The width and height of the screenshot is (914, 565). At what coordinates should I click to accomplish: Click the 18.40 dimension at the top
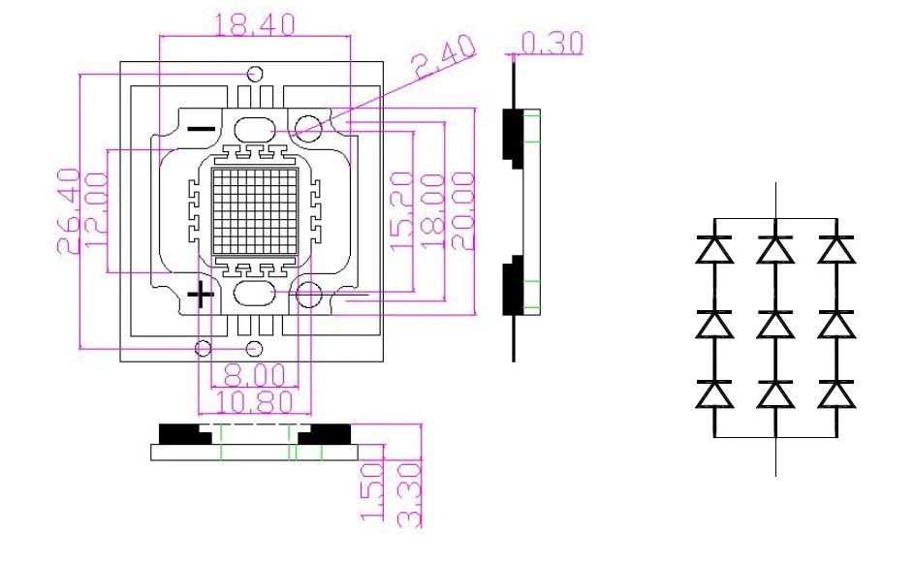255,24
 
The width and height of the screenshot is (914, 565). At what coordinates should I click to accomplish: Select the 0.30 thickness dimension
551,44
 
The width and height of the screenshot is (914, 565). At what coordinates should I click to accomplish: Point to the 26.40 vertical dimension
69,210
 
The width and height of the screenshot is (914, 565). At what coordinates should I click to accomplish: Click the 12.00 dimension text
96,210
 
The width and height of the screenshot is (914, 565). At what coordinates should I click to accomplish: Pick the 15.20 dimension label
402,211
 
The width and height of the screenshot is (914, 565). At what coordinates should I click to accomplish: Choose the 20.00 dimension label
463,211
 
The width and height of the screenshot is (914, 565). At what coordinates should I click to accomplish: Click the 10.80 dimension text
254,402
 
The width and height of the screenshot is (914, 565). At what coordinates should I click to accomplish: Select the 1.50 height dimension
373,491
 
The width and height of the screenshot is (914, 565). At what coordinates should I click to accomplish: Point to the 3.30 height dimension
409,494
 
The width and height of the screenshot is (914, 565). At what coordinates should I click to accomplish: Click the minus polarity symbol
202,129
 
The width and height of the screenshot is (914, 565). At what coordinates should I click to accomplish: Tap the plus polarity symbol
201,295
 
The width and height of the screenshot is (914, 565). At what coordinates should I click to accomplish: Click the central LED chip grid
255,211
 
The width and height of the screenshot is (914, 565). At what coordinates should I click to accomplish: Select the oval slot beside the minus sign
254,130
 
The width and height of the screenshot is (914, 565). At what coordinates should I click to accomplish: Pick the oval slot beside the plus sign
254,294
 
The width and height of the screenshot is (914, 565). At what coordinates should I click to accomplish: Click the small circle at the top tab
255,74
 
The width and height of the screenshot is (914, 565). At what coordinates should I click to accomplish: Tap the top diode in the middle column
775,250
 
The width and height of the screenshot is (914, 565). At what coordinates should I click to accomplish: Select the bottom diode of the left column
714,394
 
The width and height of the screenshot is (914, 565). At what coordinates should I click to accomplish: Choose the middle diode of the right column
836,325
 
